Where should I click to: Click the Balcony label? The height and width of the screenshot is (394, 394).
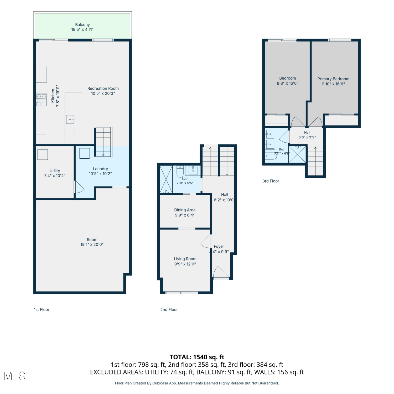(82, 25)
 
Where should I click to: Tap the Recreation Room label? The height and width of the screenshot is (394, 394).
(103, 89)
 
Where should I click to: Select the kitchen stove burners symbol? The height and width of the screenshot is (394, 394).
(42, 100)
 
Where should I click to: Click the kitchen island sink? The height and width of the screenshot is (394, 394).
(70, 120)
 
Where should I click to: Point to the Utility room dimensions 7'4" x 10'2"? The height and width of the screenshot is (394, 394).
(55, 176)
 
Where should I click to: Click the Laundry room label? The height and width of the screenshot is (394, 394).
(100, 169)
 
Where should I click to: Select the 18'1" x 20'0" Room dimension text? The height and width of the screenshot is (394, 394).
(92, 245)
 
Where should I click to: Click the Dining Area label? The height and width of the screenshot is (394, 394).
(185, 210)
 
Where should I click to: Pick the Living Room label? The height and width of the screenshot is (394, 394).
(185, 259)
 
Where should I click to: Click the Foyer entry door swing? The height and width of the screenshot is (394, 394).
(221, 272)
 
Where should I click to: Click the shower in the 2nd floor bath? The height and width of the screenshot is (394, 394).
(166, 179)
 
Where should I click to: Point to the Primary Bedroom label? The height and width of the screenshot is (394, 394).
(333, 79)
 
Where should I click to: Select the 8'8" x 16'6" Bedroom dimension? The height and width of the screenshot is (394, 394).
(288, 83)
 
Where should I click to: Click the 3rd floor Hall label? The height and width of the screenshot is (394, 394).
(307, 133)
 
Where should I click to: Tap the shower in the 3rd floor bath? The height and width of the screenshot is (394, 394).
(297, 154)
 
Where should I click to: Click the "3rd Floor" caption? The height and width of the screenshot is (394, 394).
(271, 181)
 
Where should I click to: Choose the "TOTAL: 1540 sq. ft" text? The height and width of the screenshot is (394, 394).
(197, 357)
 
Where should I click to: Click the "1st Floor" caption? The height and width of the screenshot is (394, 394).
(42, 310)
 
